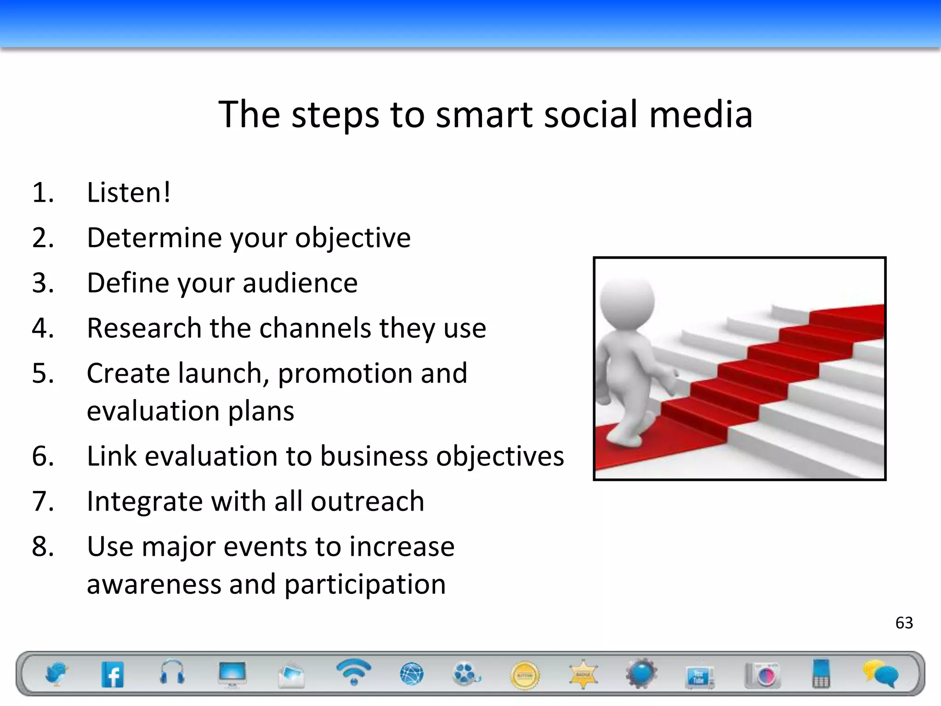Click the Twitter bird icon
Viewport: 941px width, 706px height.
coord(57,674)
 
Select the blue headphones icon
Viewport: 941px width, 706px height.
coord(172,672)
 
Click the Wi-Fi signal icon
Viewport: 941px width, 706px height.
coord(353,671)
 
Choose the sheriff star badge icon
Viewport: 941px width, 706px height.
coord(583,674)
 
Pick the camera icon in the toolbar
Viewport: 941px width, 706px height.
coord(763,675)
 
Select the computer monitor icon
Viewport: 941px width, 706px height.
coord(232,674)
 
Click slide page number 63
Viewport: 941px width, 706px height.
coord(904,623)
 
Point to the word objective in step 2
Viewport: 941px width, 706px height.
coord(352,238)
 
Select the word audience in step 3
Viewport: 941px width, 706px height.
coord(300,283)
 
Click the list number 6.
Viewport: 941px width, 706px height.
coord(43,456)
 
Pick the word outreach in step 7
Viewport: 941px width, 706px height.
coord(367,501)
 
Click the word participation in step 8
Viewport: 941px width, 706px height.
coord(365,585)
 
